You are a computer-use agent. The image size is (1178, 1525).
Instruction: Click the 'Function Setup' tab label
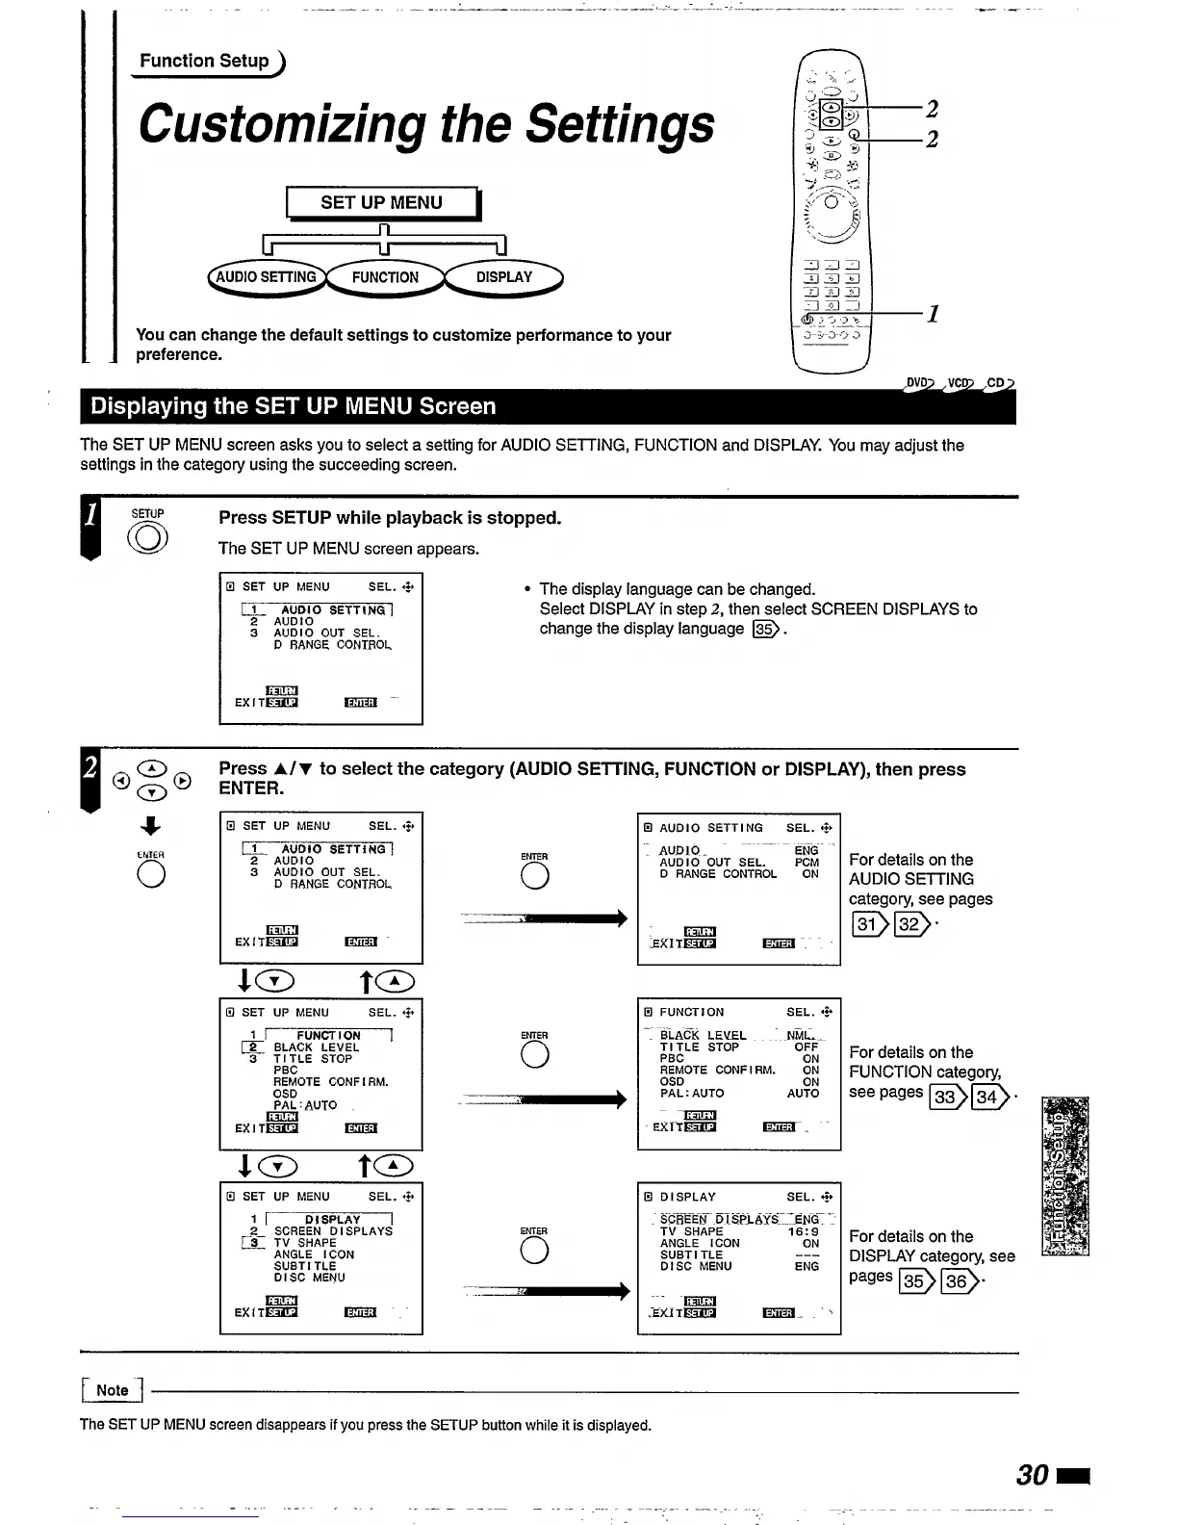[x=205, y=62]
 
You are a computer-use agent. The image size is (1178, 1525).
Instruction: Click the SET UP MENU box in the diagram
[x=381, y=203]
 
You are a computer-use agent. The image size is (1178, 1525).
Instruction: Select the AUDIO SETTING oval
[x=266, y=277]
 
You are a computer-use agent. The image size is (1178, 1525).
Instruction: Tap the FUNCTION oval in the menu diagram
[x=385, y=277]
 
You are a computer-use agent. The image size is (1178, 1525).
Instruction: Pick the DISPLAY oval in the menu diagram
[x=503, y=277]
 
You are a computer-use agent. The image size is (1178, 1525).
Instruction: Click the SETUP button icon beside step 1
[x=148, y=537]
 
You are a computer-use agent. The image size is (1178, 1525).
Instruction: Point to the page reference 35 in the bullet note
[x=766, y=630]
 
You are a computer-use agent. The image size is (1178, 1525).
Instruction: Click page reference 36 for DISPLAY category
[x=958, y=1280]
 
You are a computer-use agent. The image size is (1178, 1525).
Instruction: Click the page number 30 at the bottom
[x=1033, y=1475]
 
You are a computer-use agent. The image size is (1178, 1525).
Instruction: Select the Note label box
[x=112, y=1390]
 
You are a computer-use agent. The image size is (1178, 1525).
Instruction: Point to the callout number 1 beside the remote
[x=932, y=314]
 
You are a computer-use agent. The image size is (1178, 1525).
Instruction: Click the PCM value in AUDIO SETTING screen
[x=807, y=863]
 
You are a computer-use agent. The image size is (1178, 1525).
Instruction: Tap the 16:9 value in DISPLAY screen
[x=804, y=1231]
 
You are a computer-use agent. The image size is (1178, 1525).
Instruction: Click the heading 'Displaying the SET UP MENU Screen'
[x=294, y=406]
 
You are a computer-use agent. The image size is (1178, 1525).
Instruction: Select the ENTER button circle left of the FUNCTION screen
[x=534, y=1055]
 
